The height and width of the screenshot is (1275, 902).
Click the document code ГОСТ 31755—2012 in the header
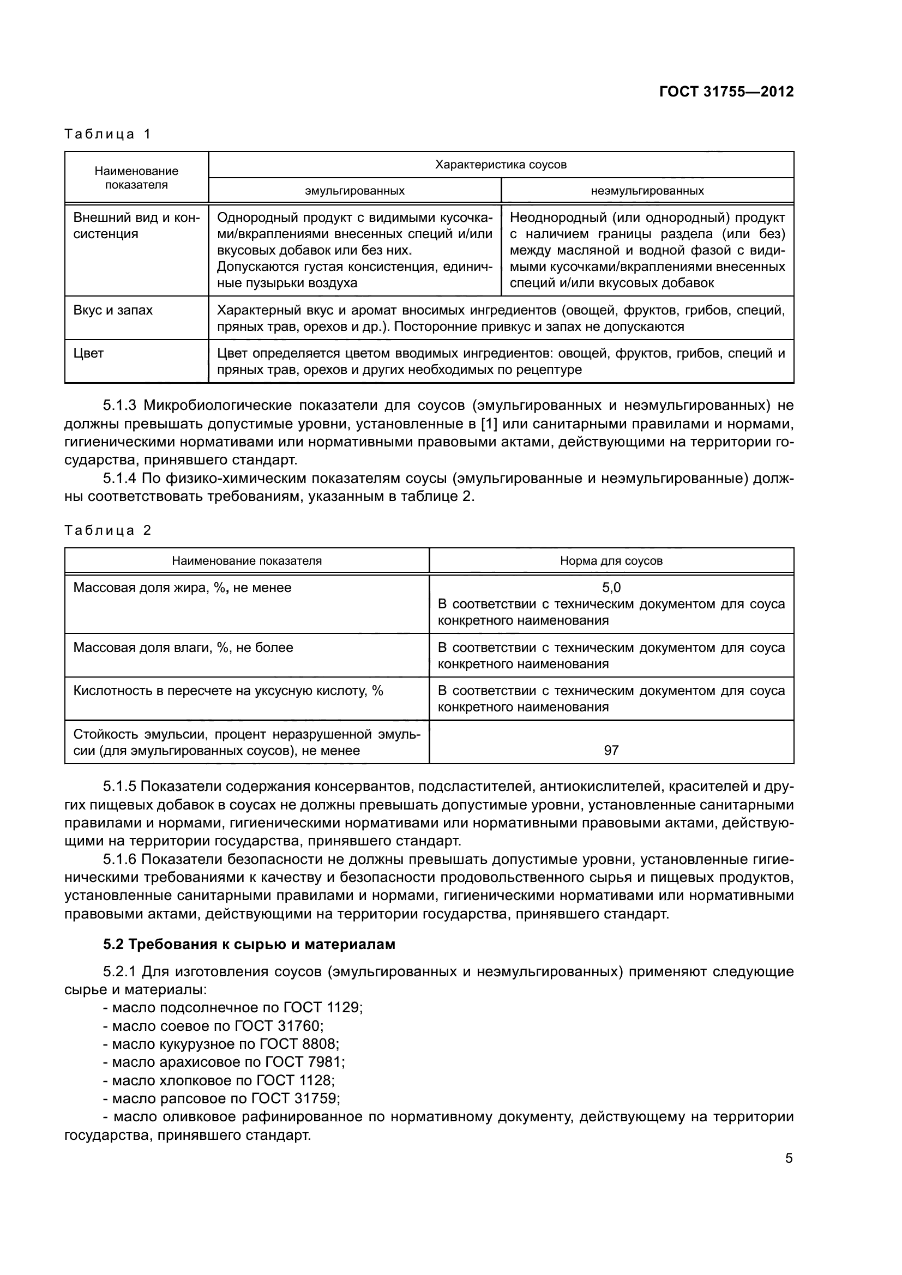pos(726,92)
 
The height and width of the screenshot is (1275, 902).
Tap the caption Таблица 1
pos(108,134)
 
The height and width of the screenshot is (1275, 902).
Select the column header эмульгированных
pos(354,191)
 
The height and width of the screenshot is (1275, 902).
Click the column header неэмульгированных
pos(647,191)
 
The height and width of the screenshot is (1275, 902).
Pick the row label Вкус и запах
pos(113,310)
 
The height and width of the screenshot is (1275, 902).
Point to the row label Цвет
pos(89,354)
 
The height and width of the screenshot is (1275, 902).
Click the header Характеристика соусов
pos(501,165)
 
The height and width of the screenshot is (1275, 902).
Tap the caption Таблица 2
pos(108,530)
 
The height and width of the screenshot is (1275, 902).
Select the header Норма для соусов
pos(611,561)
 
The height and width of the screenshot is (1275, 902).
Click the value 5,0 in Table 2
pos(611,588)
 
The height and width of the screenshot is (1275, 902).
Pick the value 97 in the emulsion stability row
pos(611,751)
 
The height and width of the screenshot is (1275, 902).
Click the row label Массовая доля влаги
pos(183,648)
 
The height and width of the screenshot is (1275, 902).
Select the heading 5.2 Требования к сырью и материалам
pos(249,945)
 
